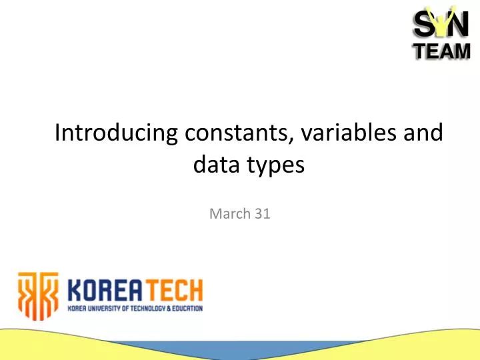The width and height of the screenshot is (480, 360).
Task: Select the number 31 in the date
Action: (x=262, y=214)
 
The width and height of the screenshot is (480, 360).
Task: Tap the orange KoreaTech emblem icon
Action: (x=38, y=295)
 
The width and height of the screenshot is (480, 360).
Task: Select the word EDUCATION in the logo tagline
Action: (x=183, y=309)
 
